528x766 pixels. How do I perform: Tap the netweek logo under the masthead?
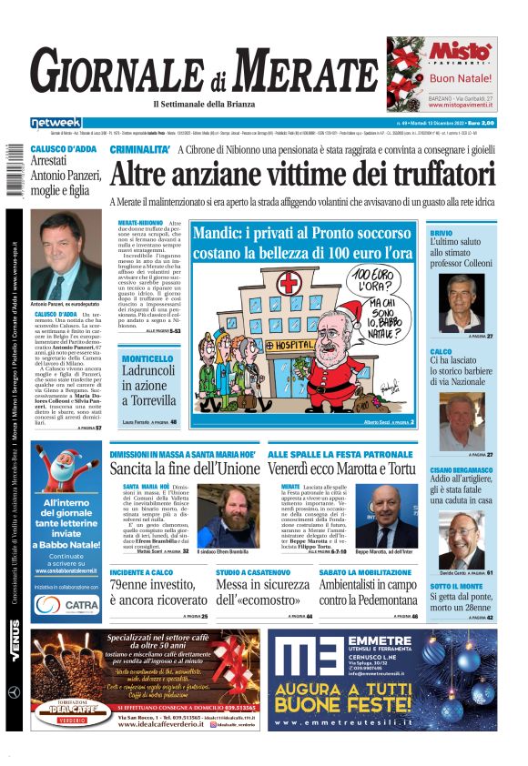click(56, 123)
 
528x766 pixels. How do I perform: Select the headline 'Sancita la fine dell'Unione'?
click(185, 469)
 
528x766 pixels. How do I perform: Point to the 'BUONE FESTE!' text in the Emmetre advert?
click(387, 711)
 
